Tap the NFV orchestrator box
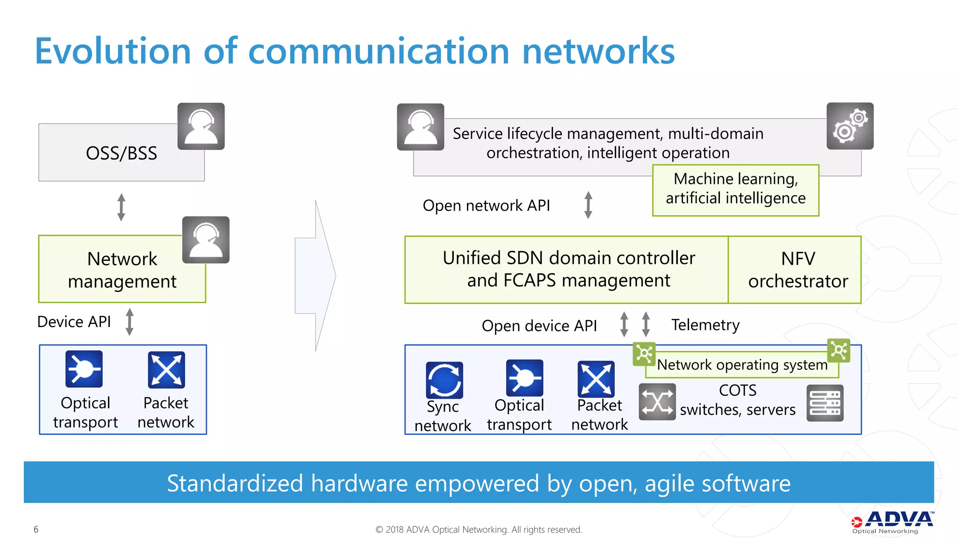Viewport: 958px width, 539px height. [x=798, y=269]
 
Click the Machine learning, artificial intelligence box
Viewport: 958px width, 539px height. [x=735, y=189]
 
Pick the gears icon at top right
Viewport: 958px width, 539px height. [x=849, y=126]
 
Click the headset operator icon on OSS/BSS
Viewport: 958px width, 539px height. [x=201, y=126]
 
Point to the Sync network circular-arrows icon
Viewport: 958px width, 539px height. [x=444, y=379]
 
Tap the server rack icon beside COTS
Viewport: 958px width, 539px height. [x=825, y=403]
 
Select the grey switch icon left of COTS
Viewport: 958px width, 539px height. [x=657, y=401]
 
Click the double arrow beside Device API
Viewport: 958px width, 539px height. [x=130, y=322]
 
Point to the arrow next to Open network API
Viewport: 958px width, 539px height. [x=588, y=205]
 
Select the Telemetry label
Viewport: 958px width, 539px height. [x=705, y=325]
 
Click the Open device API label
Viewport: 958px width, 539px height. [x=539, y=326]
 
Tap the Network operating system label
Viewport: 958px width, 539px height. [x=742, y=364]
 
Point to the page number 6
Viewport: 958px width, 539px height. [x=36, y=529]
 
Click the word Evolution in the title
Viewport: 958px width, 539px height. [x=113, y=51]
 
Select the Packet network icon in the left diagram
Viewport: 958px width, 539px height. [x=166, y=370]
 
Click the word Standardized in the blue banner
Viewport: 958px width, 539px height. [x=235, y=483]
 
